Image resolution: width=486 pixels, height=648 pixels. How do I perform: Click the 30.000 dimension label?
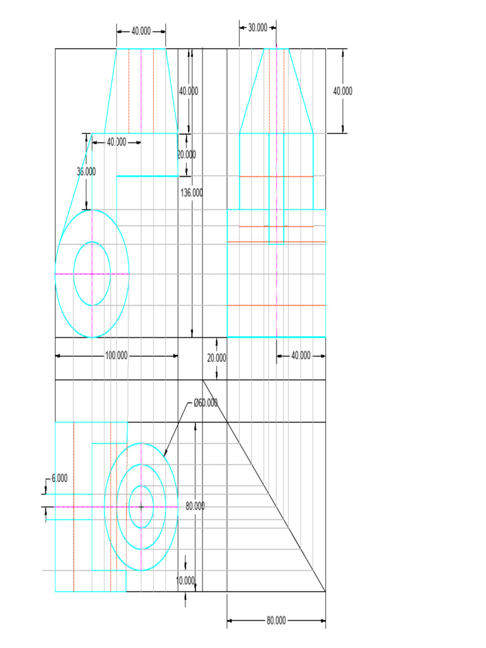[x=258, y=28]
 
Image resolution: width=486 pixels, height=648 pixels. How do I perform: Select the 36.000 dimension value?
[x=86, y=171]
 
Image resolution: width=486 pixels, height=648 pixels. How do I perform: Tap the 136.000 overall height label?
[x=192, y=193]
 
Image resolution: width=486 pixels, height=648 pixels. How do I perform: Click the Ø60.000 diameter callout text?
[x=206, y=403]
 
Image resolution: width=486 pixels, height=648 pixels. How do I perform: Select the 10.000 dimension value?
[x=185, y=581]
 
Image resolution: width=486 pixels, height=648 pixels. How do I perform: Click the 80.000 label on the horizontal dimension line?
[x=276, y=620]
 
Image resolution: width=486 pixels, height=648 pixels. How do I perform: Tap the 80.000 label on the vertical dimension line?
[x=195, y=506]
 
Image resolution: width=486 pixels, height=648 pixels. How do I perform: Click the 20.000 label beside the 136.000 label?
[x=187, y=154]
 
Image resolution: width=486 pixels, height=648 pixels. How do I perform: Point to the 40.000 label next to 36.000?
[x=116, y=142]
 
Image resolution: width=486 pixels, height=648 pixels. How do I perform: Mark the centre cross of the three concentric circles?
[x=141, y=506]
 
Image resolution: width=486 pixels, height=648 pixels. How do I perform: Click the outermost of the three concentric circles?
[x=105, y=506]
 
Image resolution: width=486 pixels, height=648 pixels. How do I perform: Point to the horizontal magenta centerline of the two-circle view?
[x=70, y=274]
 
